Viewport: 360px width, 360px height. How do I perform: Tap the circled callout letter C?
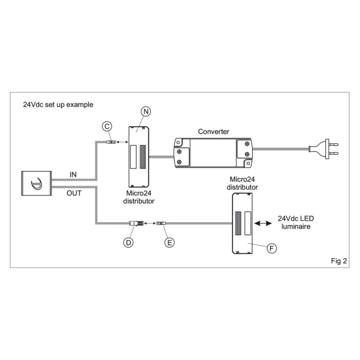click(107, 127)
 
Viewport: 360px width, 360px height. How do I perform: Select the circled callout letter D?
click(129, 242)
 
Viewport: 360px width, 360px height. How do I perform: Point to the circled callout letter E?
click(169, 242)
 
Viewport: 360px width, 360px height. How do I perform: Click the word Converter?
click(214, 131)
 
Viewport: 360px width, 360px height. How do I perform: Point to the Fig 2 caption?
click(338, 261)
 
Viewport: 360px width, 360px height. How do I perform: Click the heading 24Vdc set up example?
click(58, 104)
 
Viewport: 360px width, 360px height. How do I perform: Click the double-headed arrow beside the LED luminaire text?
click(262, 223)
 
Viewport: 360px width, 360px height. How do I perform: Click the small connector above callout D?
click(135, 223)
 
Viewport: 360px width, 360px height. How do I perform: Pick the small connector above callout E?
click(161, 223)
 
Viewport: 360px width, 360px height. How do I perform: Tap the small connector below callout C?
click(110, 142)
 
